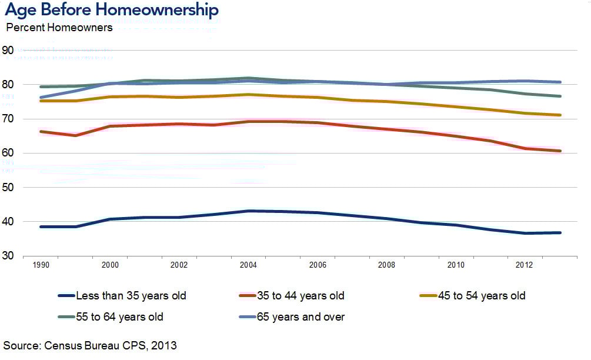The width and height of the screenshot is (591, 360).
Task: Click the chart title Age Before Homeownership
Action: click(112, 10)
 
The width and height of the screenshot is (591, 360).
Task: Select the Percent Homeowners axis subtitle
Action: click(59, 28)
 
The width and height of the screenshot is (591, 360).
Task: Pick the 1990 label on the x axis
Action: click(41, 265)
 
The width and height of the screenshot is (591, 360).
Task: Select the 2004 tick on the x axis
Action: click(248, 265)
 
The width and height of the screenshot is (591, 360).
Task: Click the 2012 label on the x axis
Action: click(524, 265)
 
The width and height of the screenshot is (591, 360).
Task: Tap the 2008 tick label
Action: click(386, 265)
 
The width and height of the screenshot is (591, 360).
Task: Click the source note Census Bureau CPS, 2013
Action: click(90, 345)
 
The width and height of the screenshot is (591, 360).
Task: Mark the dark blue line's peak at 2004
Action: click(248, 211)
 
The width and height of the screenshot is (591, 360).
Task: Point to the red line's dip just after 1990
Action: click(75, 135)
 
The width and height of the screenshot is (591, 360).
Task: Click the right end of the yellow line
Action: click(559, 115)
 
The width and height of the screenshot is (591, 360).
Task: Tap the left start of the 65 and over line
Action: click(41, 97)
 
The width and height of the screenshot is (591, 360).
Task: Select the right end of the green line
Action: click(559, 96)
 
